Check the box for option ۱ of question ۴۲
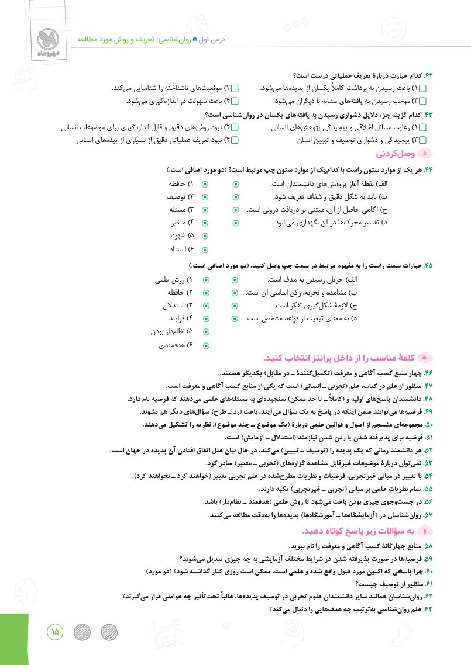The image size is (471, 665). [423, 88]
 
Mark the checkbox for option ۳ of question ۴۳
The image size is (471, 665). [423, 140]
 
